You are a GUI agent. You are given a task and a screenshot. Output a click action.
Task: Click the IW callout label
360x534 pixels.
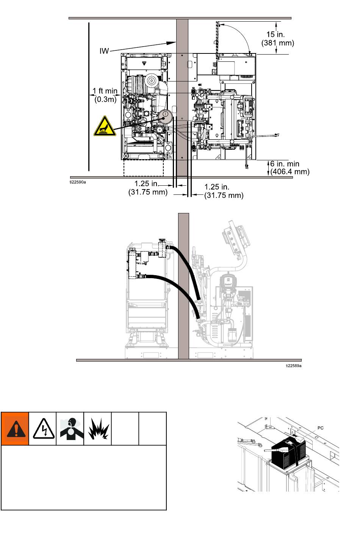point(104,50)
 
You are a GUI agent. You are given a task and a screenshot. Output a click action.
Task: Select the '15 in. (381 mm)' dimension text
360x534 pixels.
point(278,39)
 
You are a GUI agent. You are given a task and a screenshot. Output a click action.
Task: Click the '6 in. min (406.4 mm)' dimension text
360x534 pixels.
point(290,168)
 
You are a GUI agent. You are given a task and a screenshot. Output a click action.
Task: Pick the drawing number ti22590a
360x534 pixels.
point(78,182)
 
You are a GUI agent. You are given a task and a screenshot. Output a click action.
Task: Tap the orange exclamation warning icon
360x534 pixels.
point(15,429)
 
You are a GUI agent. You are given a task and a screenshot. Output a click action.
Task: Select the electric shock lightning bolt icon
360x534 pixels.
point(42,429)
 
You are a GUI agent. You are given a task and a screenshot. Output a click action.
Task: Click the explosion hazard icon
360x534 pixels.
point(98,429)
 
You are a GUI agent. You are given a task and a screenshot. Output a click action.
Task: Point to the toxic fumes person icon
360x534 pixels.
point(70,429)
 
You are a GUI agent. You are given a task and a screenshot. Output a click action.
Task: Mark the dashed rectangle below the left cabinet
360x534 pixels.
point(143,168)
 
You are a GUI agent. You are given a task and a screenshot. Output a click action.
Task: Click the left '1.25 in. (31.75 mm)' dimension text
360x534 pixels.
point(148,188)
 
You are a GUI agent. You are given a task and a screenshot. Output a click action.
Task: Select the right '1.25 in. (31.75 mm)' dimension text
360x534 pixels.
point(224,191)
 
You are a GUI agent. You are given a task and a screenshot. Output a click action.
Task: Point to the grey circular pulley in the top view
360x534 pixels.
point(165,115)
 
